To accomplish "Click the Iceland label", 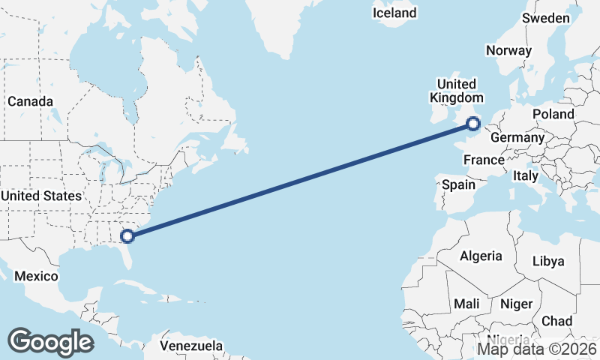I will coord(394,13).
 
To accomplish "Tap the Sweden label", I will coord(545,18).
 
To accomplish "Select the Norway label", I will coord(508,51).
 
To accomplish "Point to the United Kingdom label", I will coord(456,91).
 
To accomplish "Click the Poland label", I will coord(553,115).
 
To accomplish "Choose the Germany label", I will coord(517,139).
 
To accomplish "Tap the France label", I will coord(484,160).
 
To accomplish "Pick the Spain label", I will coord(459,184).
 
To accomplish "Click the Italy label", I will coord(526,176).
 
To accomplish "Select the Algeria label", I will coord(481,256).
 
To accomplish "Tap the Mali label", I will coord(466,304).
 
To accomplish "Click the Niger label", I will coord(516,304).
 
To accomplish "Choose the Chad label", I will coord(556,321).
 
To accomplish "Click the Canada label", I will coord(30,101).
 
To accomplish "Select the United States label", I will coord(40,196).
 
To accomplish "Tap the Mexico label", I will coord(36,276).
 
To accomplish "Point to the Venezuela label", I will coord(192,346).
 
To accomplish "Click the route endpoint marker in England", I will coord(472,124).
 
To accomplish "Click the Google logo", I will coord(50,342).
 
